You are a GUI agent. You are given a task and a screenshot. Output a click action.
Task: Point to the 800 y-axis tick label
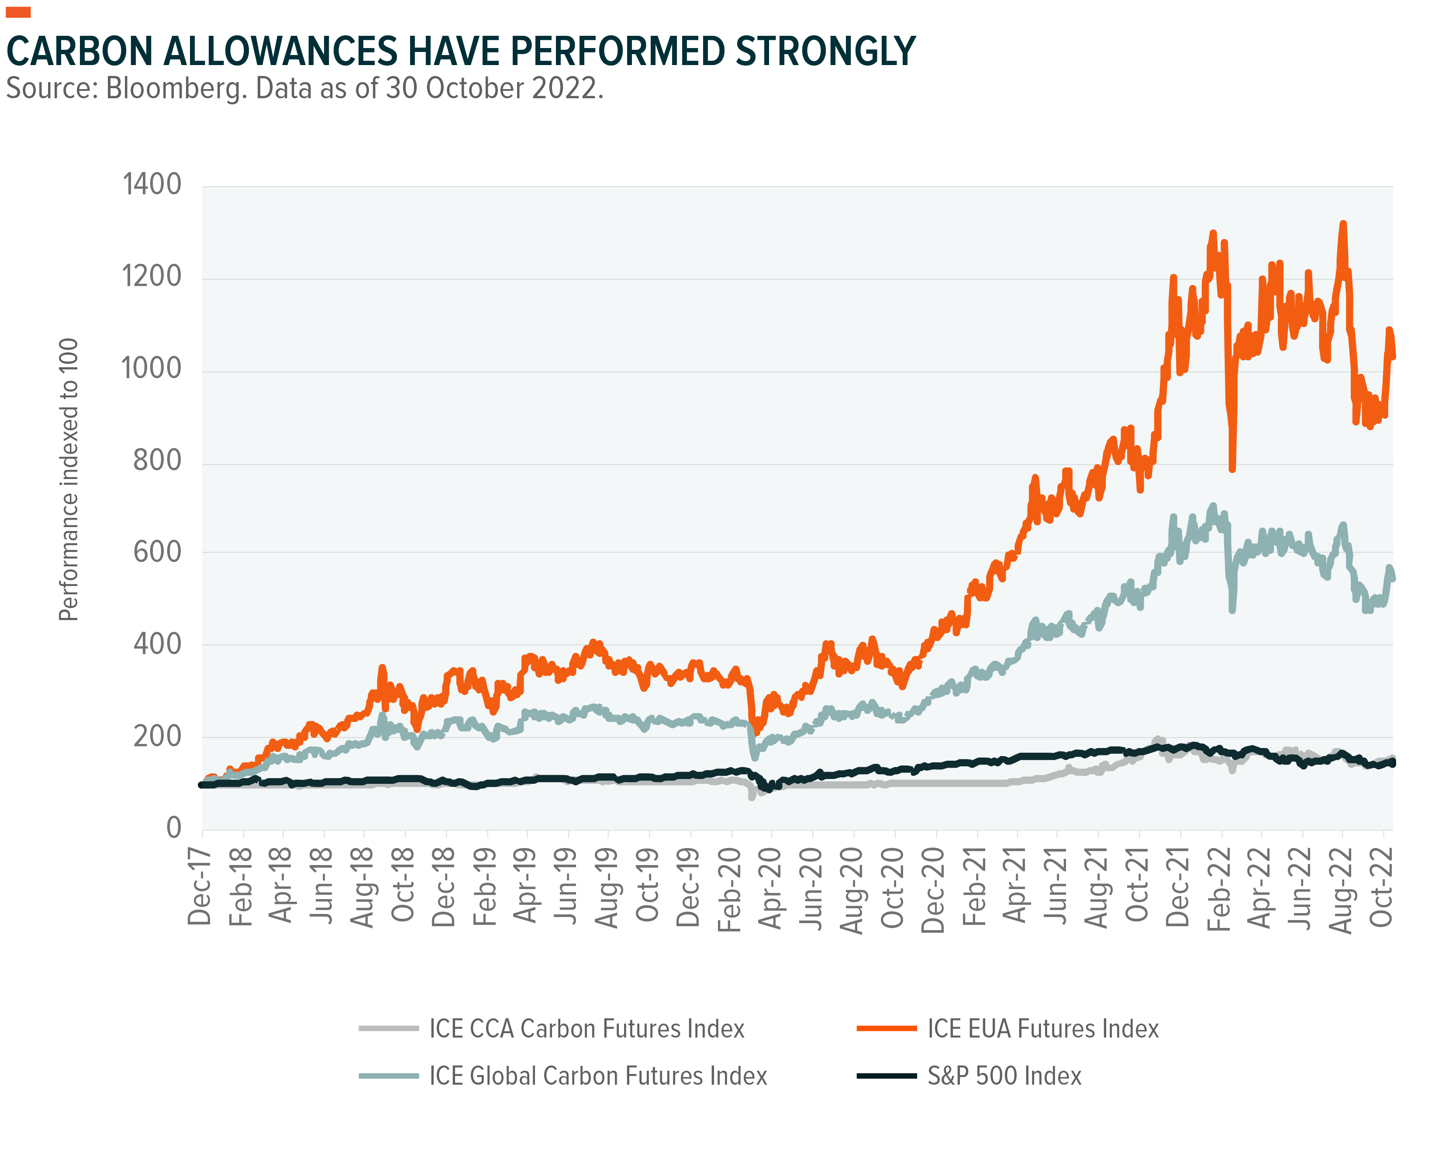tap(157, 461)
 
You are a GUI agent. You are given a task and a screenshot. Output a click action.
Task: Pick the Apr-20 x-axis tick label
tap(770, 888)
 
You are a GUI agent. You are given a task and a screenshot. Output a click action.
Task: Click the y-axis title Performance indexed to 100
tap(69, 479)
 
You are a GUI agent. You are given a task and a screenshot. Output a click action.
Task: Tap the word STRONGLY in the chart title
tap(825, 52)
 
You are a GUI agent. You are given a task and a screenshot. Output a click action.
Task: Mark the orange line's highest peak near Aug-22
tap(1342, 224)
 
